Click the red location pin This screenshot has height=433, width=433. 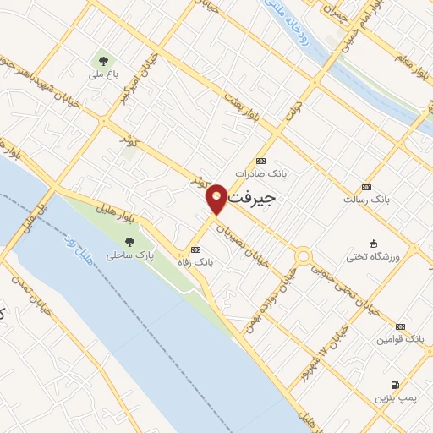pyautogui.click(x=217, y=198)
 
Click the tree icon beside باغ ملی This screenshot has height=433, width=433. pyautogui.click(x=104, y=60)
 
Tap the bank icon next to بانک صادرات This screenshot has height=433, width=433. pyautogui.click(x=260, y=161)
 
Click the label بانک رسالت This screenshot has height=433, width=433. pyautogui.click(x=365, y=200)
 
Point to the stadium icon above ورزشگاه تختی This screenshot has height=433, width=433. pyautogui.click(x=374, y=244)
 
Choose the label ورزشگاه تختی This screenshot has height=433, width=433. pyautogui.click(x=374, y=255)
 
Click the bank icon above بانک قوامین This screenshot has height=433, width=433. pyautogui.click(x=400, y=326)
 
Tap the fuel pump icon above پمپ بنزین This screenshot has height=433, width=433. pyautogui.click(x=395, y=385)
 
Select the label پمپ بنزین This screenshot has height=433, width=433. pyautogui.click(x=395, y=397)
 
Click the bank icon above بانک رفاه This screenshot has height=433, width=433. pyautogui.click(x=196, y=249)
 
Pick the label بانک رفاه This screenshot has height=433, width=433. pyautogui.click(x=200, y=262)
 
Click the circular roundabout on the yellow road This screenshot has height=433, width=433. pyautogui.click(x=302, y=256)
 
